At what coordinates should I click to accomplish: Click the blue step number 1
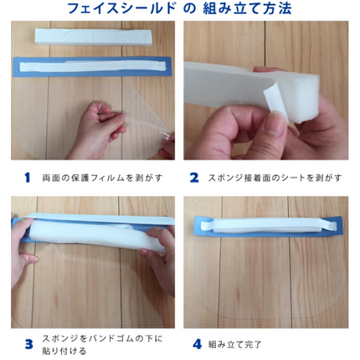(27, 177)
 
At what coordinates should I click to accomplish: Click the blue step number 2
(194, 177)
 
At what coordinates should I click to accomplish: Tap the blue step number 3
(28, 344)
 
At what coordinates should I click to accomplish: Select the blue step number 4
(197, 344)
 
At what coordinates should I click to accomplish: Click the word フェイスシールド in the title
(121, 8)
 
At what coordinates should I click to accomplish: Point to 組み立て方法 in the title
(247, 8)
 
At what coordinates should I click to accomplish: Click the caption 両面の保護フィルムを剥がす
(102, 177)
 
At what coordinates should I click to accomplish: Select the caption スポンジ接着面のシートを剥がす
(275, 177)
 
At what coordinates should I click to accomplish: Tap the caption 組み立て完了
(234, 344)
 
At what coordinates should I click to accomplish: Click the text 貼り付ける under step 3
(64, 351)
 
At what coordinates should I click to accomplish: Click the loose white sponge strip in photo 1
(94, 37)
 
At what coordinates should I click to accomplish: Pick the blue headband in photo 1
(92, 67)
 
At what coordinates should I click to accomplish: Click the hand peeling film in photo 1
(102, 128)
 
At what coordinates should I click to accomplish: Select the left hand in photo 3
(23, 251)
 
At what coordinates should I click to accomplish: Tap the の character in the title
(189, 8)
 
